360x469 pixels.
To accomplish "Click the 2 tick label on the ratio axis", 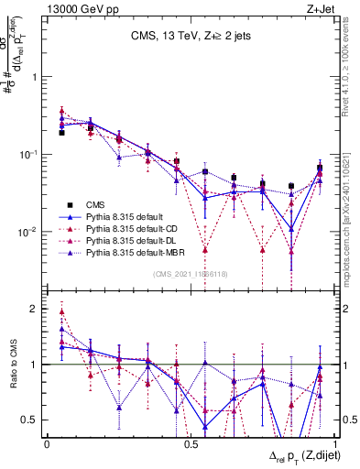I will pos(36,310).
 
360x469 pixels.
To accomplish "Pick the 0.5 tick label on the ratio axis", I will pos(32,420).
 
